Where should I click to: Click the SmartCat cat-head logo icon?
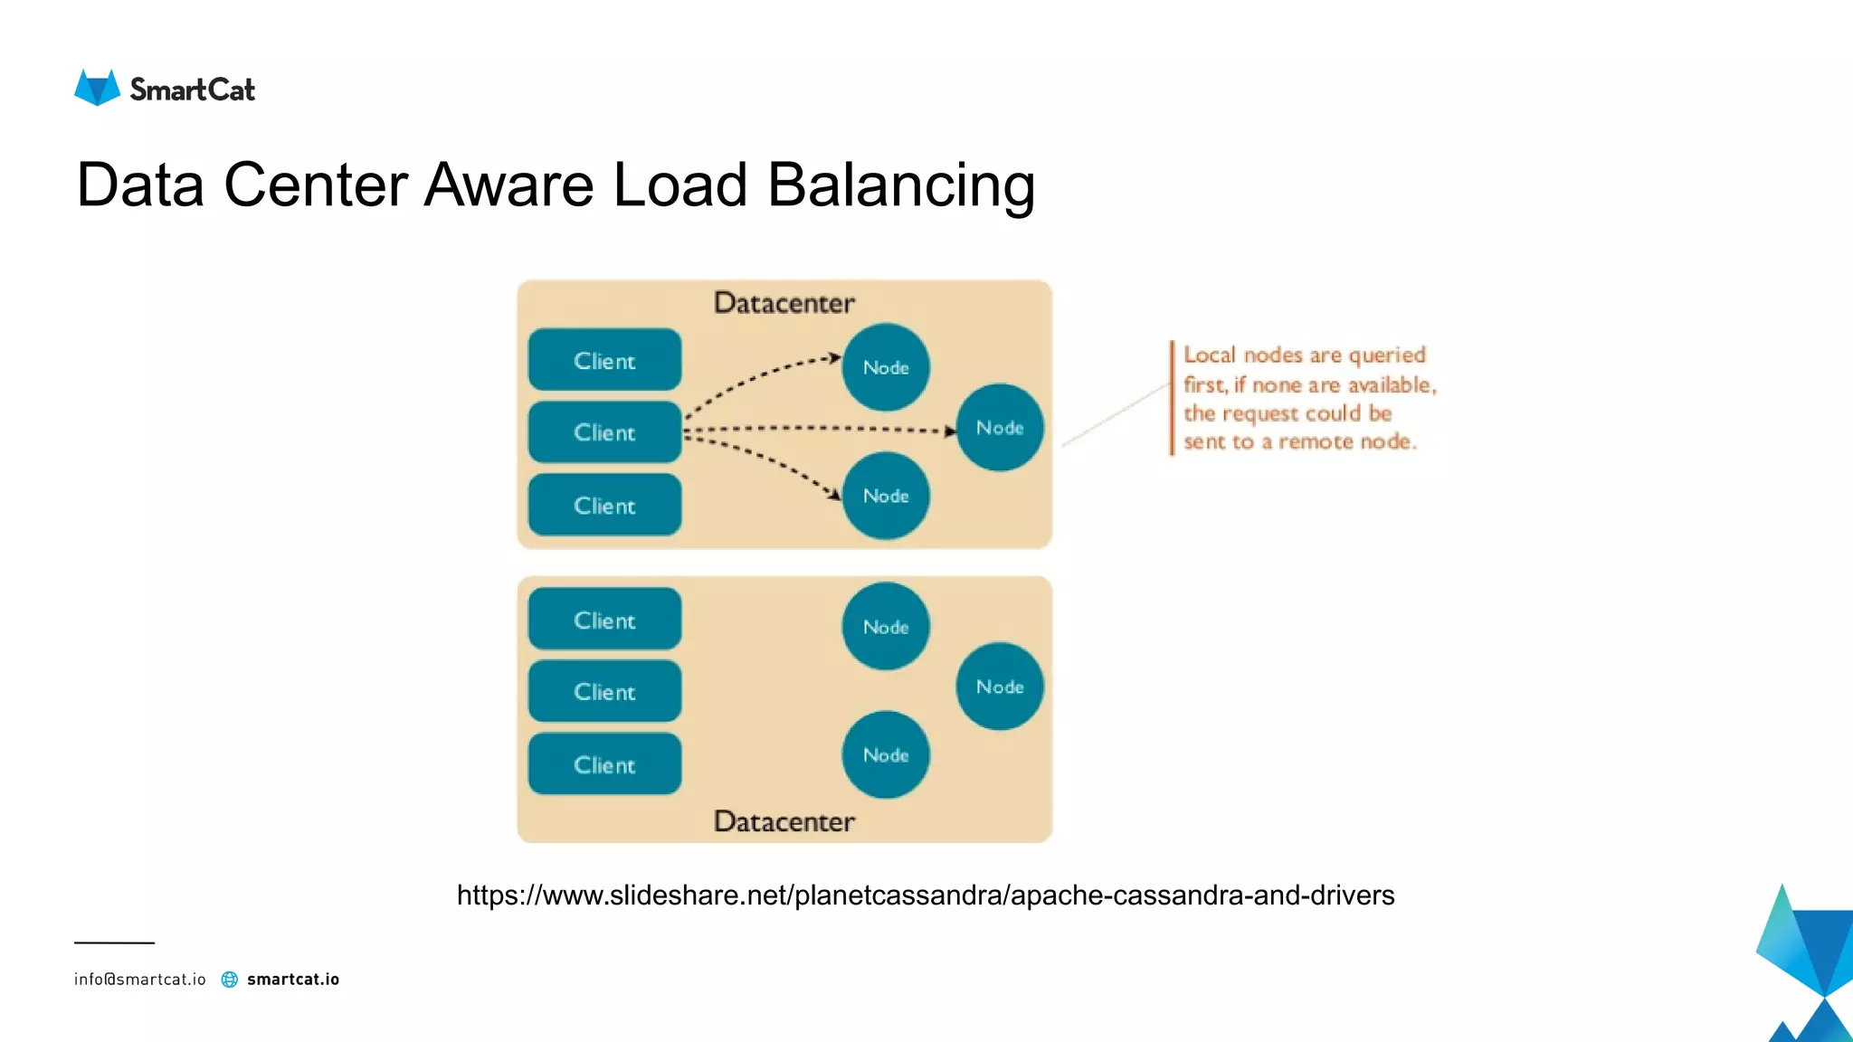[97, 88]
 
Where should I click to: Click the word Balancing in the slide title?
[900, 185]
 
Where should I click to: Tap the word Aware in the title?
[508, 185]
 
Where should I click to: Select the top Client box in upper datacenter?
[604, 360]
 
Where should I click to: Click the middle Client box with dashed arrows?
[604, 432]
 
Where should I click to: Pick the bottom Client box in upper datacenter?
[604, 505]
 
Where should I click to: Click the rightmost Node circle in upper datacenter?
[999, 427]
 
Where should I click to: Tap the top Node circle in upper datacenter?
[885, 367]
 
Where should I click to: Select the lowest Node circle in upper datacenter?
[885, 496]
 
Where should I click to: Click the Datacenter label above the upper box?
[784, 303]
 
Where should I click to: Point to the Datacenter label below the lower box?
[784, 821]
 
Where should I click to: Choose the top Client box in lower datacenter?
[604, 620]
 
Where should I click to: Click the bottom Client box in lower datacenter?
[604, 764]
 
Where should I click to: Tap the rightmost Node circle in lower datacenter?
[999, 687]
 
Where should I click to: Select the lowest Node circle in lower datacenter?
[885, 754]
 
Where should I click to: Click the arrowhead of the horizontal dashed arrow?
[949, 431]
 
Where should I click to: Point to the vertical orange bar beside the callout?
[1172, 398]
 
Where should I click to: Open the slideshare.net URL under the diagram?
[925, 895]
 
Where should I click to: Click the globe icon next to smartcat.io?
[230, 980]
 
